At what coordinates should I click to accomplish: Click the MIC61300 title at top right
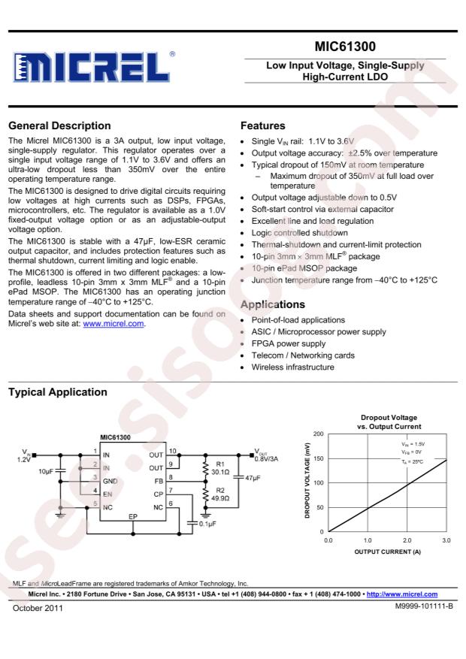tap(352, 47)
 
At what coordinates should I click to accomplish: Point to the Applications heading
tap(273, 305)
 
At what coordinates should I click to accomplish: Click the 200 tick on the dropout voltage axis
tap(319, 434)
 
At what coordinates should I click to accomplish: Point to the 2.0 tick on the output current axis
tap(406, 540)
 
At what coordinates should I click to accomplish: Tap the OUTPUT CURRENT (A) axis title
tap(387, 552)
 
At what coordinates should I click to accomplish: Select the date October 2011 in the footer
tap(38, 606)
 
